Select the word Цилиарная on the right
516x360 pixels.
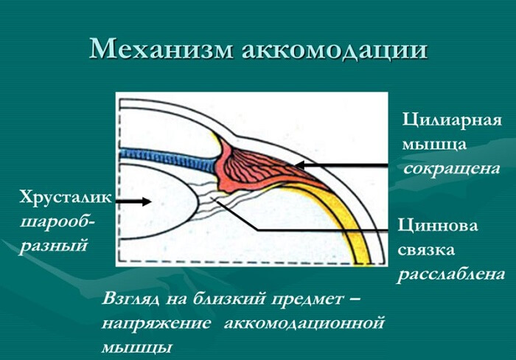(x=452, y=120)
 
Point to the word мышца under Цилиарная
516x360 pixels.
(x=428, y=144)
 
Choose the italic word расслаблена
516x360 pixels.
(x=451, y=274)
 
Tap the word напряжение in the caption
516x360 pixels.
(x=154, y=323)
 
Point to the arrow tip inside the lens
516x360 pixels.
(x=150, y=201)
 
